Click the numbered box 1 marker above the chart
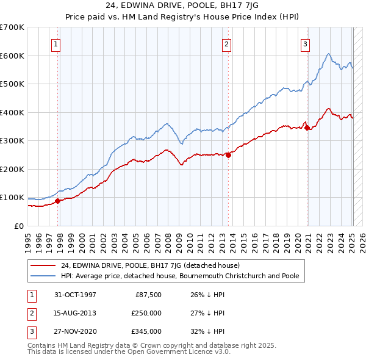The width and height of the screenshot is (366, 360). (56, 43)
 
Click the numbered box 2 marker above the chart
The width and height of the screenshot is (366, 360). (226, 43)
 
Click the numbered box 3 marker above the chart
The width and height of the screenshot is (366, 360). (304, 43)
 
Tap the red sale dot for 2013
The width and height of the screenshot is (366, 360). (228, 155)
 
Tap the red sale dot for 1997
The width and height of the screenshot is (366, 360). (58, 201)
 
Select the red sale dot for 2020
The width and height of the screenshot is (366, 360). (307, 128)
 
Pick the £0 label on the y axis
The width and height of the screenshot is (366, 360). (18, 226)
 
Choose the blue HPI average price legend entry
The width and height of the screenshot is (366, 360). (180, 276)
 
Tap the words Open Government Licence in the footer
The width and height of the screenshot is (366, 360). (174, 352)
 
